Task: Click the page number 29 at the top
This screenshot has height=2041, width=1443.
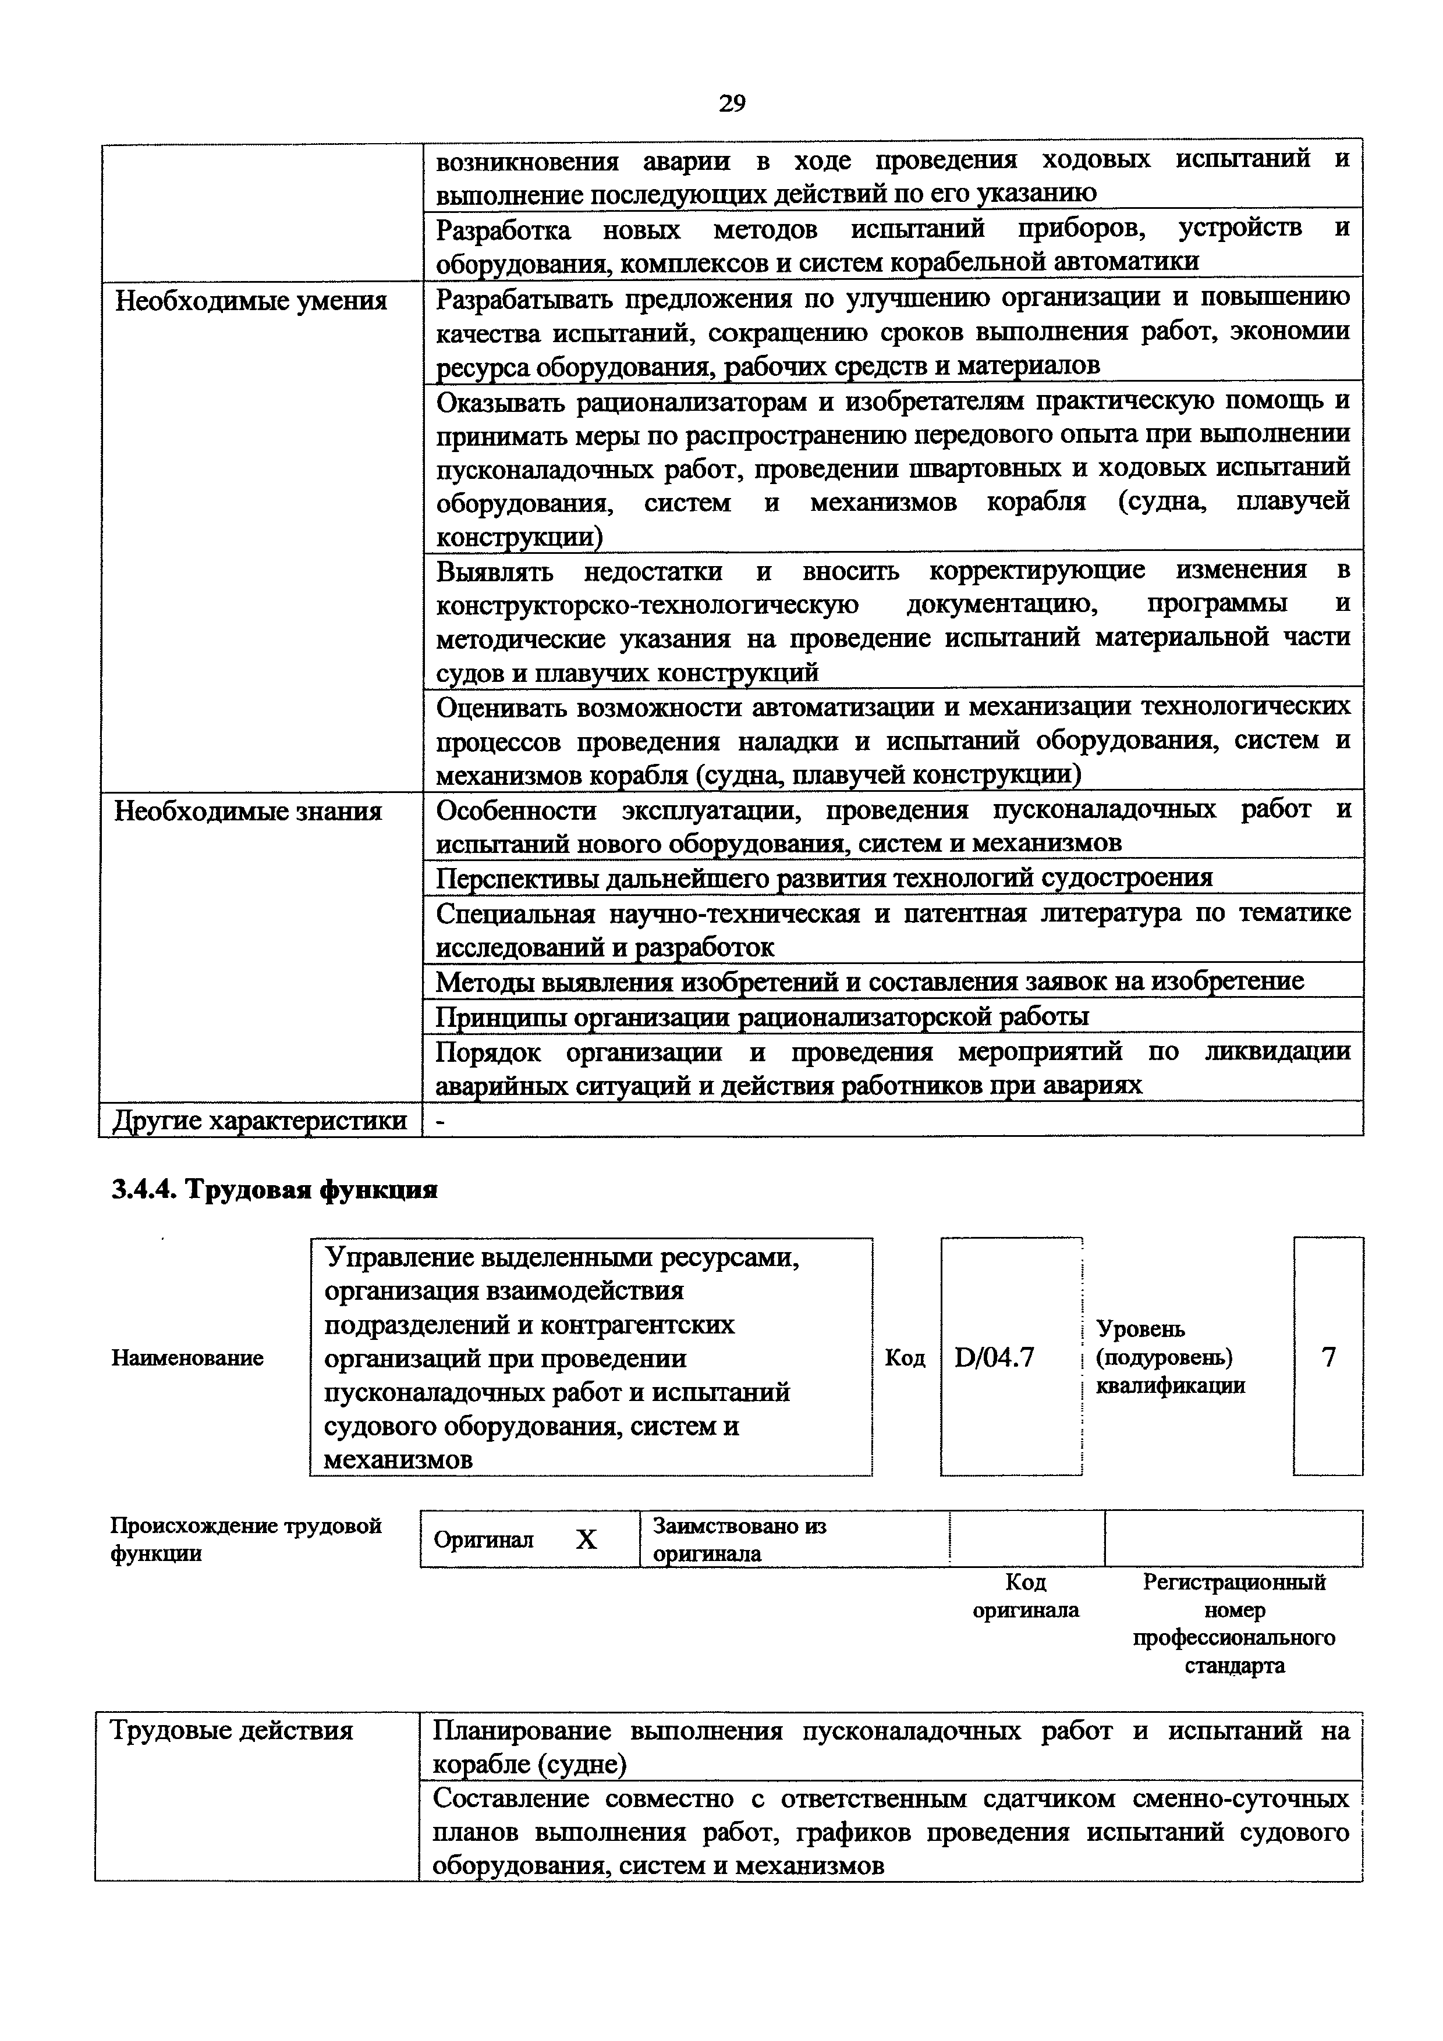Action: click(731, 104)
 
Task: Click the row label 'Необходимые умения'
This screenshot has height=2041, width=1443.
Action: click(251, 301)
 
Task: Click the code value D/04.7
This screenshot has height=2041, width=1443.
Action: click(994, 1357)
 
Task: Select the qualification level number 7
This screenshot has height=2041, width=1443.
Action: click(1327, 1357)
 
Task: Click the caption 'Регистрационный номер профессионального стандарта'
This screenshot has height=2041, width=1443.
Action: click(1234, 1623)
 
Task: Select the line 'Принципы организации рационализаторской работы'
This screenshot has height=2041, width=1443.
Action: click(762, 1016)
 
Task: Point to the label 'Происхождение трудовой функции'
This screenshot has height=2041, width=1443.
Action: click(246, 1539)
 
